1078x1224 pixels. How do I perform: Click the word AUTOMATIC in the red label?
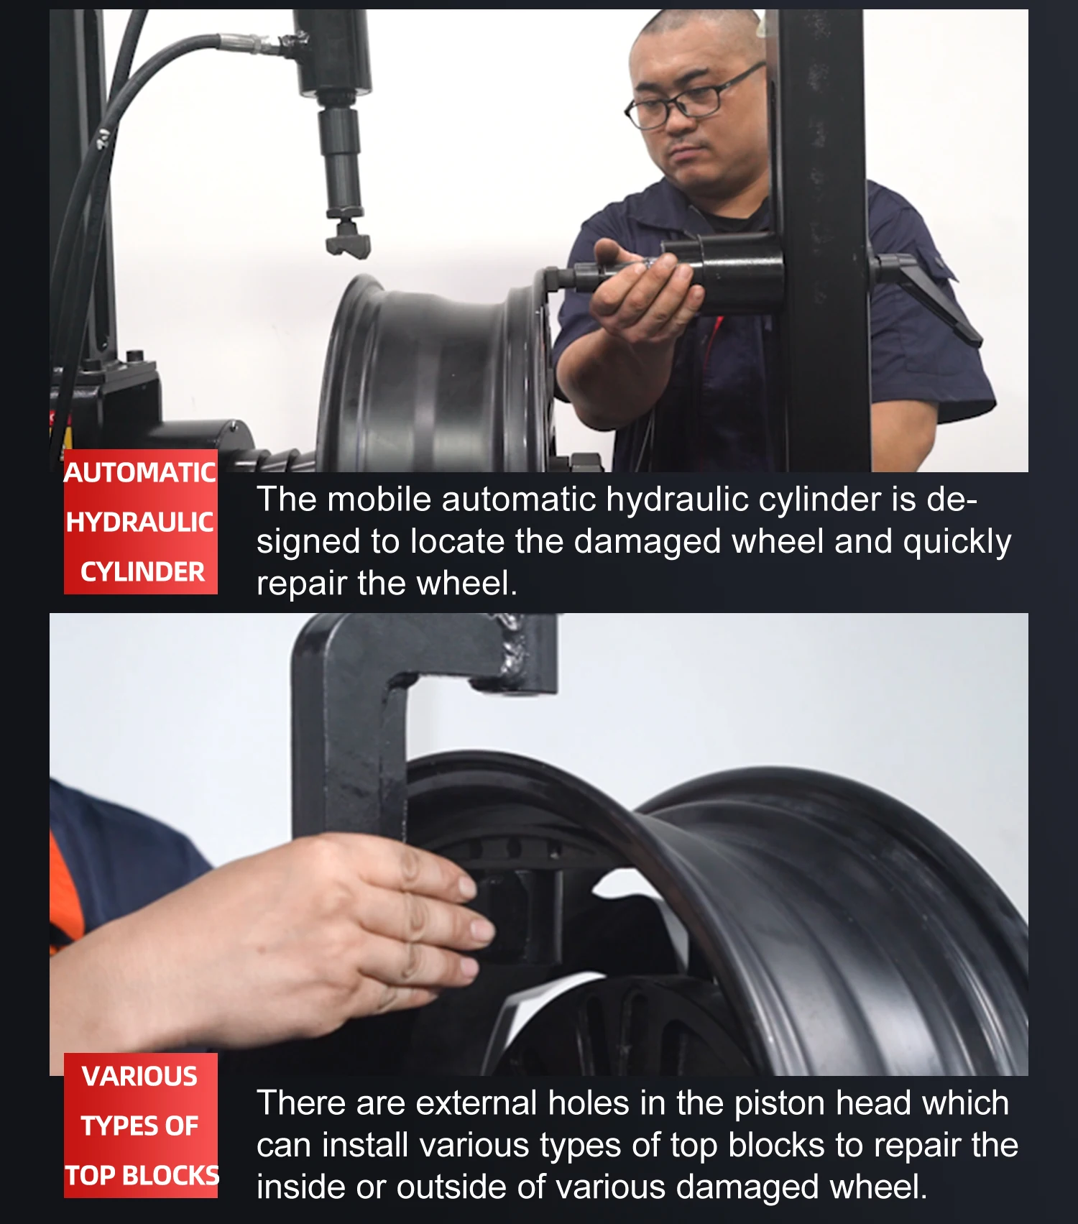coord(140,473)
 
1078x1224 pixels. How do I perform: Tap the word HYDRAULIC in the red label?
coord(140,523)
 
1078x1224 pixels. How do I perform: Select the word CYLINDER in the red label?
coord(142,572)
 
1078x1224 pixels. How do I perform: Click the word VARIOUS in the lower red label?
coord(139,1077)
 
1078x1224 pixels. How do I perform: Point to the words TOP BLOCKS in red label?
coord(142,1176)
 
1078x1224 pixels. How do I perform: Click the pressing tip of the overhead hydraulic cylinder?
coord(349,241)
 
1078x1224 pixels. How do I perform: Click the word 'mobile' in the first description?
coord(379,500)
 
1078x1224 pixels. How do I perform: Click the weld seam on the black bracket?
coord(515,650)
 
